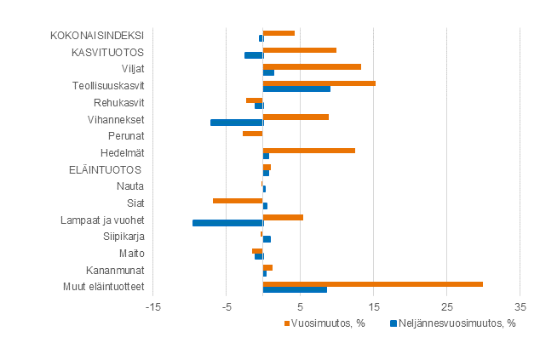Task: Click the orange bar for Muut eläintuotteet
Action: pos(372,284)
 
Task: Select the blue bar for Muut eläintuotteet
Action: pos(295,290)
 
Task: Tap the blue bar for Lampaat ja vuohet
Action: pos(227,223)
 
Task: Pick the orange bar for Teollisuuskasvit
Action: pos(319,83)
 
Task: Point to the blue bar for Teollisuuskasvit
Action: pos(296,89)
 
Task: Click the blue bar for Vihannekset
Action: pos(237,123)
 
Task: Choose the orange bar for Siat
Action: pos(238,201)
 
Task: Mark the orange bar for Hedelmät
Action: pos(308,151)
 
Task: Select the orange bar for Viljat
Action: pos(312,66)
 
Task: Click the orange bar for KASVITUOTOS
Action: pos(299,50)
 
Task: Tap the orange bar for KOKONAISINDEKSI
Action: pos(279,33)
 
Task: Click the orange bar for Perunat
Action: pos(252,134)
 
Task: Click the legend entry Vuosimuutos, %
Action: pos(328,323)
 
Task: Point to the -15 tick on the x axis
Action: pos(152,306)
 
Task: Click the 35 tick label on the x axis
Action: pos(520,306)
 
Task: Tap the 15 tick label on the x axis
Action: pos(373,306)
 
